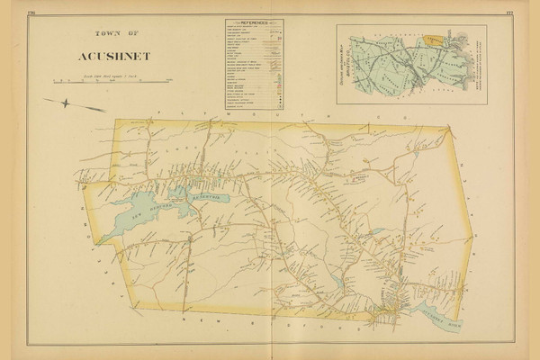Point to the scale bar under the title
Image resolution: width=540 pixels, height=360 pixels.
[106, 83]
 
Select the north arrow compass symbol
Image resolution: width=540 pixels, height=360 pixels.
[80, 106]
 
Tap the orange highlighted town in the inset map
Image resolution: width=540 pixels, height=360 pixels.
[436, 40]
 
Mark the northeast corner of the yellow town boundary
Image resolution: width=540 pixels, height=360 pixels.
[447, 128]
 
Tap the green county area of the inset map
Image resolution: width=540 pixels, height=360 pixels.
[396, 67]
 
